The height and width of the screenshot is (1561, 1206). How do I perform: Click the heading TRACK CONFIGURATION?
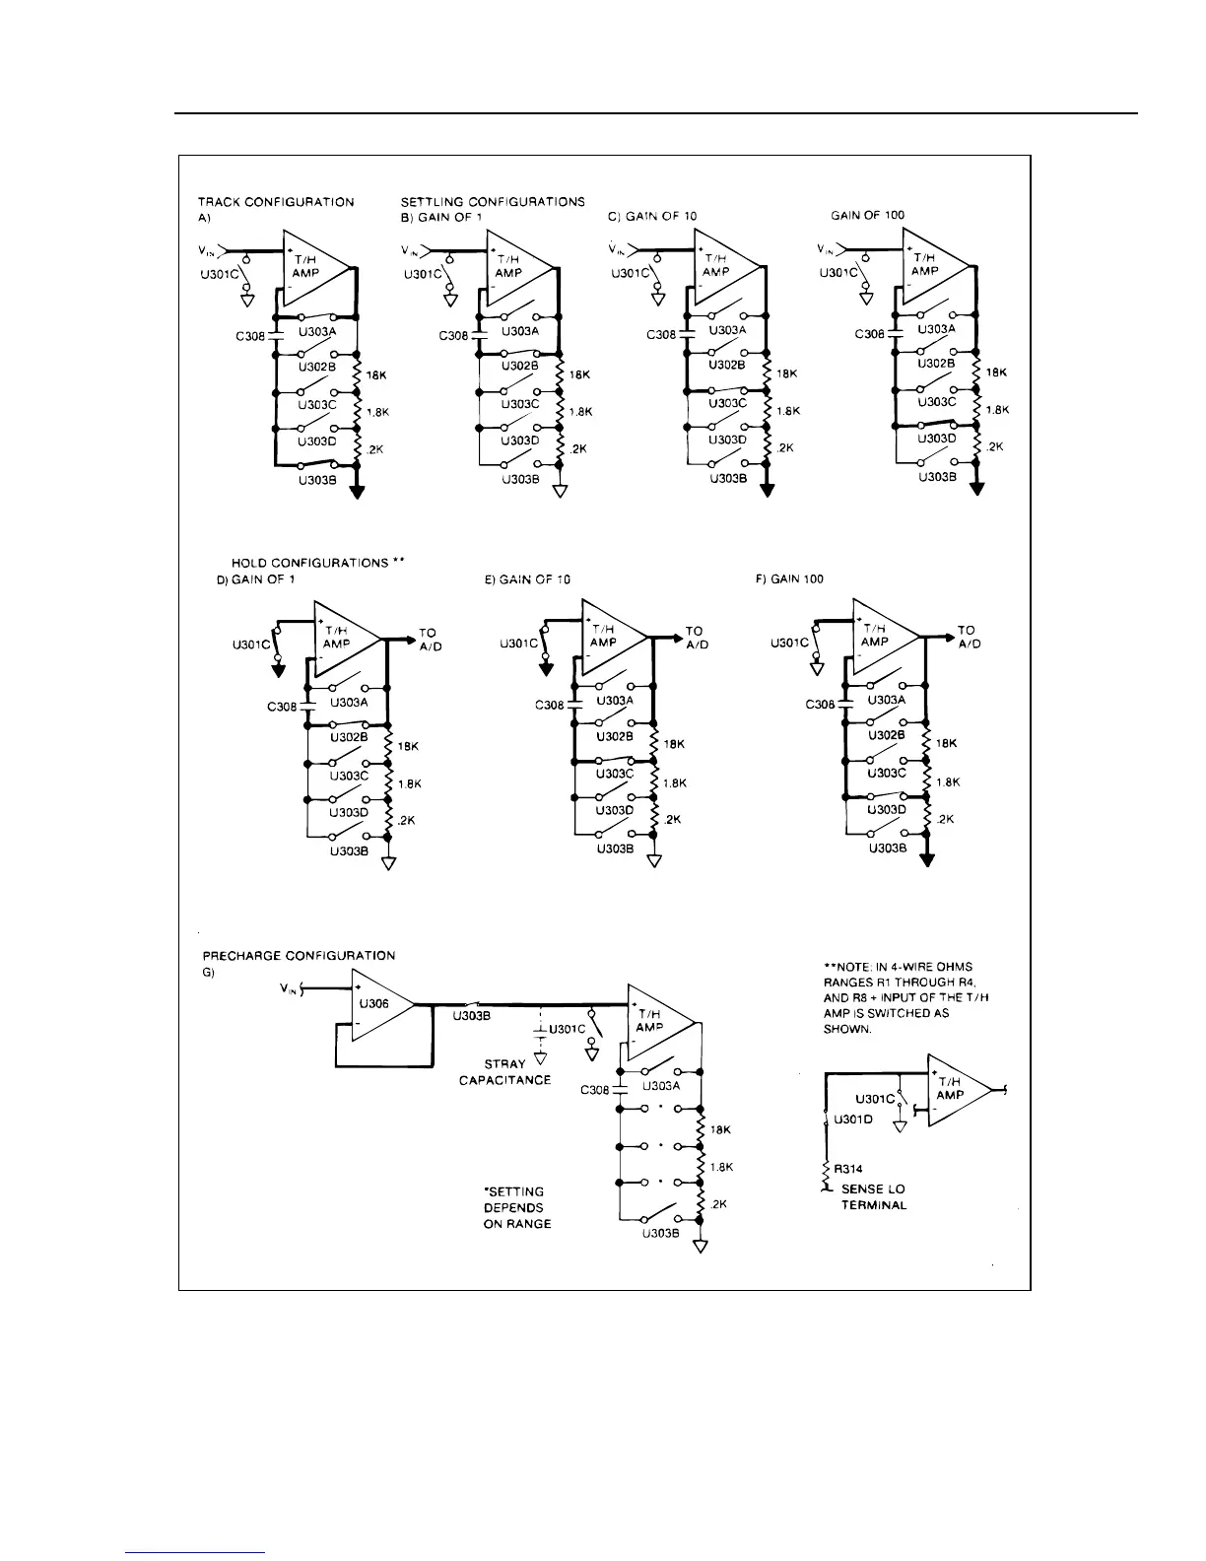276,202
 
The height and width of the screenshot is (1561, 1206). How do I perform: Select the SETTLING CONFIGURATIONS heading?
493,201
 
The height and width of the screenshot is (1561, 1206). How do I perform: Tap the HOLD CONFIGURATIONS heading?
304,563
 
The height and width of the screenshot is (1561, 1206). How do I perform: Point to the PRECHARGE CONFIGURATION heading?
299,956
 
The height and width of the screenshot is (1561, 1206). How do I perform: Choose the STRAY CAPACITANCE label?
504,1072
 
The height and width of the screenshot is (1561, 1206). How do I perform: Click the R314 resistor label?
848,1169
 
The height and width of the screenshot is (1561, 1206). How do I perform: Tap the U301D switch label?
853,1120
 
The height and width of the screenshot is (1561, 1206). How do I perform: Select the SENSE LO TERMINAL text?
872,1197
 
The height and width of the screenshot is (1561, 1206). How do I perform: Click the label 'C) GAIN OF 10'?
652,216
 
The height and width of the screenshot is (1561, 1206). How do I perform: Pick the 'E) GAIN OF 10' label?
527,579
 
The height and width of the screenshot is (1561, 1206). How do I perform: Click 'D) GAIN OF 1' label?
255,579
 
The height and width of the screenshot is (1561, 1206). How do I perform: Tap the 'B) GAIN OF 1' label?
441,216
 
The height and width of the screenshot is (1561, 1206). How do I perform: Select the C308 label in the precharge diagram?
594,1090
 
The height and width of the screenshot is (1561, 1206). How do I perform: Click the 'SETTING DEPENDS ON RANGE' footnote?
516,1207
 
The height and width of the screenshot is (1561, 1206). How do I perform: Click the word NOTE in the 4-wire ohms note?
857,967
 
